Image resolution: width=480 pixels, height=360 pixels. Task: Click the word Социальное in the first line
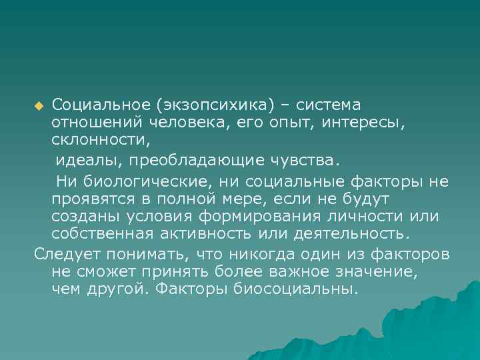tap(101, 105)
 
